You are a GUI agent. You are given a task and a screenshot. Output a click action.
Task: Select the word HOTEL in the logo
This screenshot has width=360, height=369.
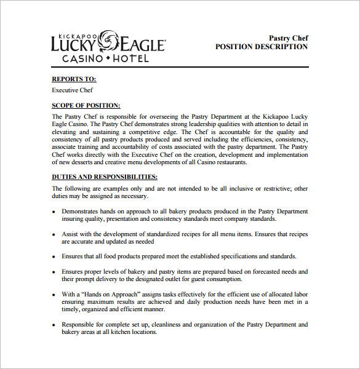pos(130,58)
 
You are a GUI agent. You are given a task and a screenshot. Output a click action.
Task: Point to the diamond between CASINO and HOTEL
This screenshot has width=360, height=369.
pos(108,58)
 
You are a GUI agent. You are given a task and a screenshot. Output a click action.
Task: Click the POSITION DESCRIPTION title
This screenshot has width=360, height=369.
pos(262,47)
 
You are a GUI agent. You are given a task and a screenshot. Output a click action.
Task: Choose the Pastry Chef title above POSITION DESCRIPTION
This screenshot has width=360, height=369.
pos(289,38)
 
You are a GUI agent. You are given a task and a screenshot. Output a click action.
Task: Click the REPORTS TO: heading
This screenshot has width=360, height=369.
pos(74,79)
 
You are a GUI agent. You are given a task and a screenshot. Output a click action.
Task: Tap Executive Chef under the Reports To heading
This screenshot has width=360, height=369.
pos(73,90)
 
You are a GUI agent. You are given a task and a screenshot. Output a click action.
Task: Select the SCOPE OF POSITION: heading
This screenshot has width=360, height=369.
pos(86,106)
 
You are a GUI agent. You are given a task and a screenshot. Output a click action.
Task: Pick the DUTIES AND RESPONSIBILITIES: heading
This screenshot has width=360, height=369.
pos(100,177)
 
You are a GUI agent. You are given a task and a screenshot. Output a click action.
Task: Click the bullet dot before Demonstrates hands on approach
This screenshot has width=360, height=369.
pos(54,212)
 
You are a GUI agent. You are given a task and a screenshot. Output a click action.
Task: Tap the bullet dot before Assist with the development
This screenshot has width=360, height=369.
pos(54,234)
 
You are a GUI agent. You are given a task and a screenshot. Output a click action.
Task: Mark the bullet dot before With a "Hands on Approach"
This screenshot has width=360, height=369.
pos(54,294)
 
